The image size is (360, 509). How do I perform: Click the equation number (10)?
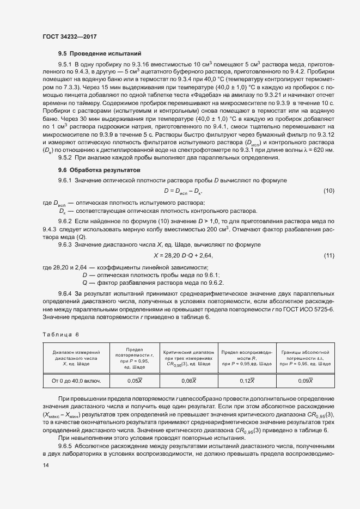click(x=328, y=191)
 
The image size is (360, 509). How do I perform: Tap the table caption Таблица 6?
click(x=60, y=334)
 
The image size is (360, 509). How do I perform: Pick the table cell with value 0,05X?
click(x=135, y=381)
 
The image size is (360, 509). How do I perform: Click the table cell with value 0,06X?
click(x=188, y=381)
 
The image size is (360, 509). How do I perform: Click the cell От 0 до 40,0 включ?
click(x=76, y=381)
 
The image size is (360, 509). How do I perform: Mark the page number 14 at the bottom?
click(x=45, y=464)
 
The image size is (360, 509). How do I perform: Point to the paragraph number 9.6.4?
click(x=65, y=294)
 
